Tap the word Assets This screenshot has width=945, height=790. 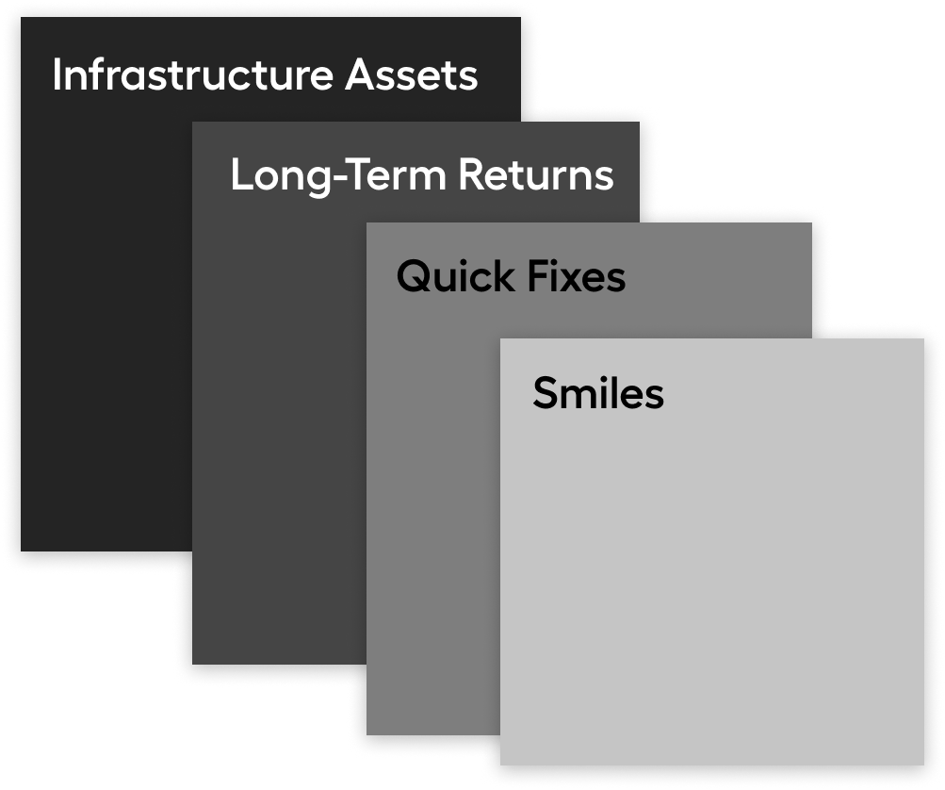tap(412, 74)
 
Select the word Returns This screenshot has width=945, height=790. tap(536, 175)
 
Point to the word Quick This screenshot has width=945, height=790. tap(456, 276)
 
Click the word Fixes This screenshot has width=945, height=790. tap(577, 276)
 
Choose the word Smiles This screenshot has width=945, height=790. tap(598, 392)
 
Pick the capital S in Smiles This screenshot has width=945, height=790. tap(546, 392)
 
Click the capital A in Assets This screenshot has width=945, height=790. tap(361, 74)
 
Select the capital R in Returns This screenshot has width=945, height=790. tap(473, 175)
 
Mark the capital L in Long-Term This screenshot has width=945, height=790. tap(242, 175)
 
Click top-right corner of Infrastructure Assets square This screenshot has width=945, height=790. tap(521, 18)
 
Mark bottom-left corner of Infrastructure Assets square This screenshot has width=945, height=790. tap(21, 551)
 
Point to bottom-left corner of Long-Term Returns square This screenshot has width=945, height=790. tap(193, 664)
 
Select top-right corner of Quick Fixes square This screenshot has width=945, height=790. tap(812, 223)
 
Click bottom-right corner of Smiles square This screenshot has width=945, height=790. tap(924, 765)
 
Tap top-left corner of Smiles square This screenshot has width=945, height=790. tap(500, 339)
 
